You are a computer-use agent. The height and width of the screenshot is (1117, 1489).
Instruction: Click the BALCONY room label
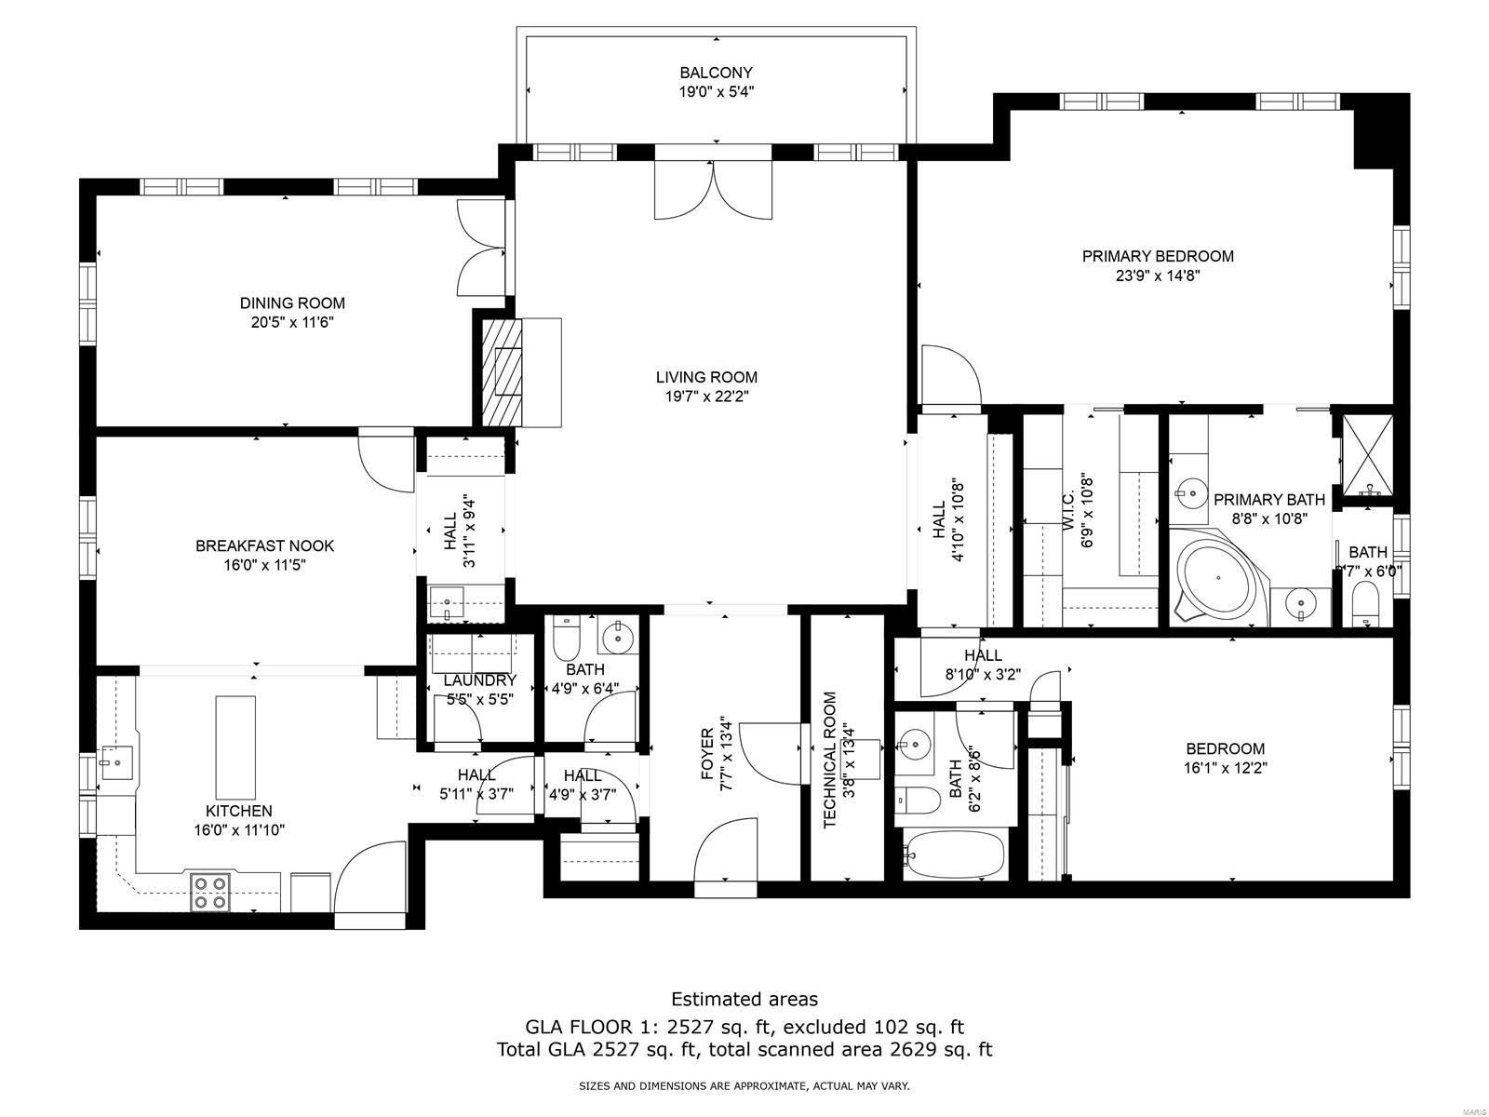[x=715, y=73]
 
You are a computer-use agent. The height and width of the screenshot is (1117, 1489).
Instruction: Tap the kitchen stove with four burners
[x=209, y=891]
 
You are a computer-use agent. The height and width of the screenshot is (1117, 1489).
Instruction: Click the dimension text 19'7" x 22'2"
[x=706, y=397]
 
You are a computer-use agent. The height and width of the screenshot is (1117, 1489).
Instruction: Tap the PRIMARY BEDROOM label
[x=1157, y=256]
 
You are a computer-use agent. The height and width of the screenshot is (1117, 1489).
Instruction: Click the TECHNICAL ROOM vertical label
[x=830, y=760]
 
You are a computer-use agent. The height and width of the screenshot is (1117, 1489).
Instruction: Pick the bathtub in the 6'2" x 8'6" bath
[x=955, y=855]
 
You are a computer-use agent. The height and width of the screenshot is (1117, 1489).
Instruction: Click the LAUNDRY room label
[x=479, y=680]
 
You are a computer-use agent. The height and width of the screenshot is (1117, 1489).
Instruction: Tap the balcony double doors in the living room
[x=714, y=189]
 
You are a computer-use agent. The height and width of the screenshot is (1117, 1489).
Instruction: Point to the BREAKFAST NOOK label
[x=264, y=546]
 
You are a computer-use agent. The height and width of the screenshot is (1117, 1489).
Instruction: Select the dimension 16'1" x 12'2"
[x=1225, y=769]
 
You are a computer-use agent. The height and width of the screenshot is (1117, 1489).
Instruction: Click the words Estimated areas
[x=744, y=999]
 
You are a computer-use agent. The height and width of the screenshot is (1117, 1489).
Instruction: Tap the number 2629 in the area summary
[x=904, y=1050]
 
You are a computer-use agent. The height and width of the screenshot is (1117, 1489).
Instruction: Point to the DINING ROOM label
[x=292, y=303]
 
